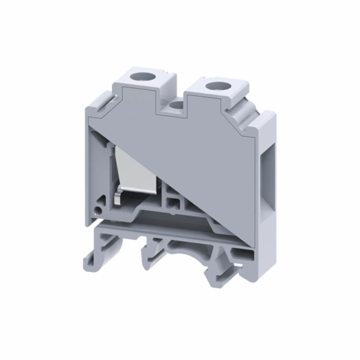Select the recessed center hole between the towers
point(180,105)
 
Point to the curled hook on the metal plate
point(118,200)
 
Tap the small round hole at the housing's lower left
point(102,205)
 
